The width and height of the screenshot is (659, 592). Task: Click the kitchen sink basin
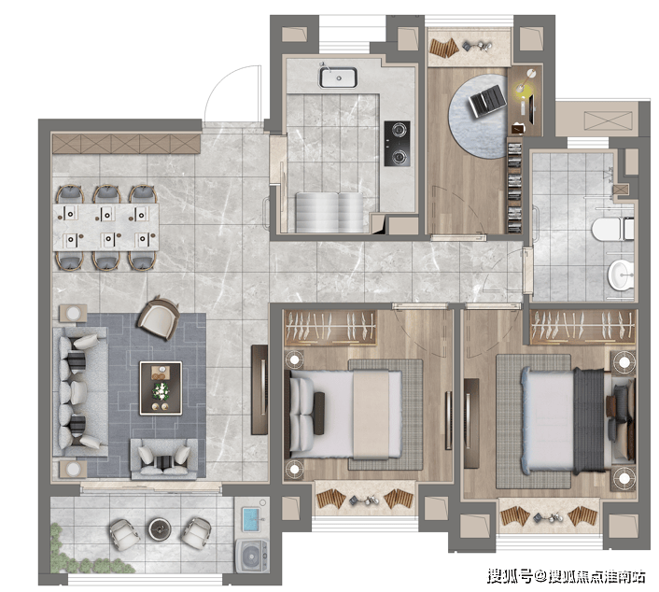(338, 78)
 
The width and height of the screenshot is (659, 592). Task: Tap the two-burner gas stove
(398, 144)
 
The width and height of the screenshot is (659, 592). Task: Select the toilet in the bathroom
(612, 229)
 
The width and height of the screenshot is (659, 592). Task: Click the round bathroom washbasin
(621, 275)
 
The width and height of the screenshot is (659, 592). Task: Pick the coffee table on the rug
(161, 388)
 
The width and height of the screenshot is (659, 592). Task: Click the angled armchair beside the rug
(158, 317)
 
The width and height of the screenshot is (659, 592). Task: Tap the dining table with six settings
(105, 227)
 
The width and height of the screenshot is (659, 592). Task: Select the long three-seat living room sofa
(80, 392)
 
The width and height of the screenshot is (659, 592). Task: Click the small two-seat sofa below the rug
(164, 459)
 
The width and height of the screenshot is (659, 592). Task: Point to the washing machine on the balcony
(251, 556)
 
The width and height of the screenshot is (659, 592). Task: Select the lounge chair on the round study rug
(488, 101)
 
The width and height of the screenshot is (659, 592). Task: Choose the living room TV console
(259, 389)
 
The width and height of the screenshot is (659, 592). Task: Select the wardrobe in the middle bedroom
(329, 328)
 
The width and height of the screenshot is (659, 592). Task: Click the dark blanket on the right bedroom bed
(589, 420)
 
